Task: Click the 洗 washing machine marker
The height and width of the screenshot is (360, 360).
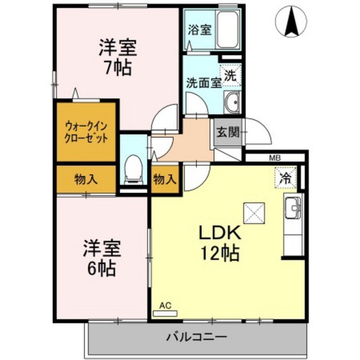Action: pos(231,74)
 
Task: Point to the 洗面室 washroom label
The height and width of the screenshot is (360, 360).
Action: pos(203,82)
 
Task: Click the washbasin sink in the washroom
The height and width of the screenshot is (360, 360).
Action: pos(232,103)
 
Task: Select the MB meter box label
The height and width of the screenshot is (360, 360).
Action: pos(275,158)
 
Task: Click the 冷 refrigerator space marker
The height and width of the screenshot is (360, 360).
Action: pos(286,178)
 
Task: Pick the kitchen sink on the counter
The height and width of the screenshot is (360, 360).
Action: pos(293,210)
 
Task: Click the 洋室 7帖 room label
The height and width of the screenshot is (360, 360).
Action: pos(117,58)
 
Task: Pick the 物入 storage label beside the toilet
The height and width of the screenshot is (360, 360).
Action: pos(165,179)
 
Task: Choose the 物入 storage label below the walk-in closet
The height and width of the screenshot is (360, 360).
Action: pos(87,179)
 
